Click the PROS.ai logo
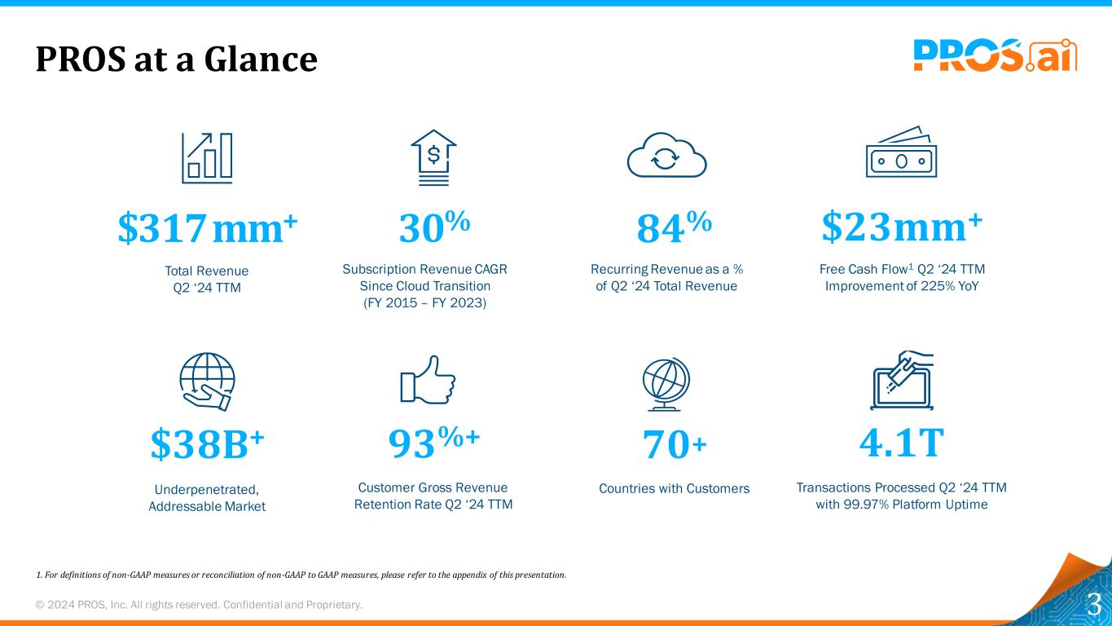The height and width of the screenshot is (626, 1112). [x=995, y=55]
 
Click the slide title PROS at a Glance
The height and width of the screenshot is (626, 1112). [x=176, y=59]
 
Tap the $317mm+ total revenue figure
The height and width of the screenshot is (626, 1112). [x=208, y=229]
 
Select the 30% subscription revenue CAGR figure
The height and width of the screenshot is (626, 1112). [x=434, y=229]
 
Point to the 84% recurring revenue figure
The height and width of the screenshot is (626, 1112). [x=675, y=229]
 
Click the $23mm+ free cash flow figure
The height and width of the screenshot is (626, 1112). [x=902, y=227]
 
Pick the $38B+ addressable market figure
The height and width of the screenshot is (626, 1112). [x=208, y=445]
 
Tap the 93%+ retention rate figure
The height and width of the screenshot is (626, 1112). [x=433, y=445]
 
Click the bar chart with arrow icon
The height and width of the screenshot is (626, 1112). [x=207, y=156]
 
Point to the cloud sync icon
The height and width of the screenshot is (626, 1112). [x=666, y=156]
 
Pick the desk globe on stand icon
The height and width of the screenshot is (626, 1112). [x=666, y=384]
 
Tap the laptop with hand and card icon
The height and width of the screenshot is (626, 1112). [x=902, y=381]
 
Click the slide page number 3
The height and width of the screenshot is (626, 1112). [x=1094, y=604]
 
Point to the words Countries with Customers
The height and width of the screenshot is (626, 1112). [x=674, y=488]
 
